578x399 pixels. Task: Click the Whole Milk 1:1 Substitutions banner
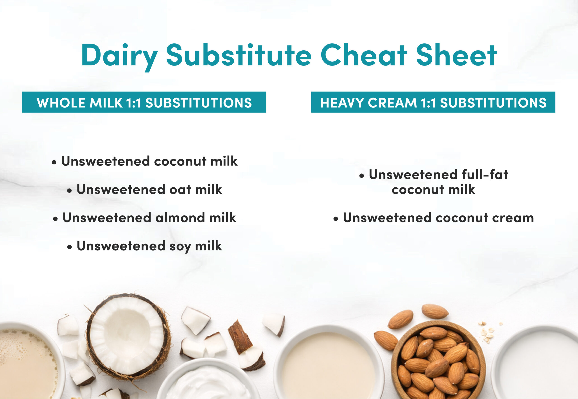tap(144, 102)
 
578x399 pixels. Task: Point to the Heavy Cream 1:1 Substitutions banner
tap(433, 102)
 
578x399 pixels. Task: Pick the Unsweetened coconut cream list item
tap(433, 217)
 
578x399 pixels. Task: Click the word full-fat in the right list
tap(485, 175)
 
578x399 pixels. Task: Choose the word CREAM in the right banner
tap(392, 103)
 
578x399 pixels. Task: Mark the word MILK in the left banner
tap(106, 103)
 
